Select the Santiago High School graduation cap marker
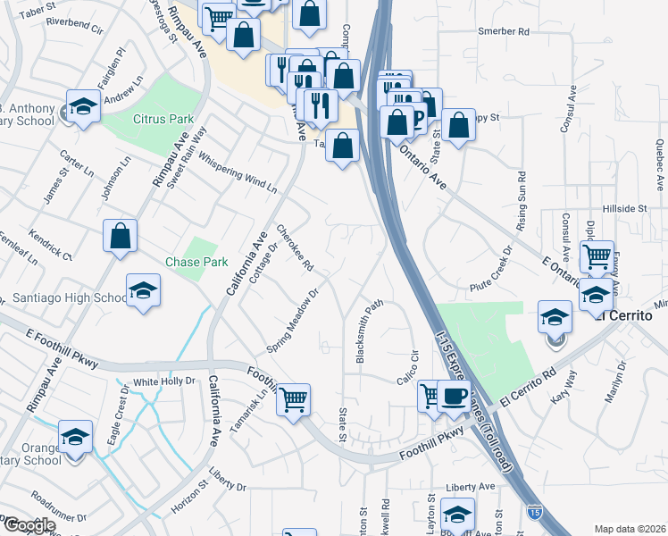[143, 291]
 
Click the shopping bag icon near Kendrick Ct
[120, 237]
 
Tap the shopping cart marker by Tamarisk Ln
[293, 399]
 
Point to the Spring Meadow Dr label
[294, 320]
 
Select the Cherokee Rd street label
[295, 247]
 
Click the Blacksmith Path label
[371, 331]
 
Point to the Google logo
[29, 525]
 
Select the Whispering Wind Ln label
[238, 172]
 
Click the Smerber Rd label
[504, 31]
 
